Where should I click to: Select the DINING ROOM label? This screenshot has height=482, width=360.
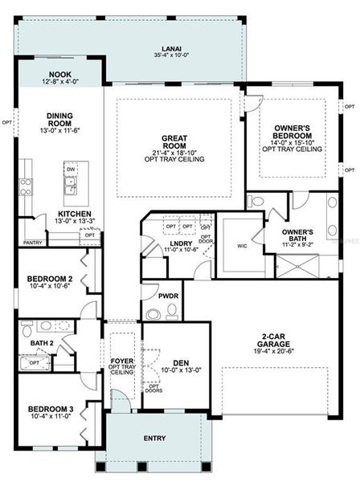click(59, 120)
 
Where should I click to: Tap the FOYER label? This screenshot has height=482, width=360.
click(122, 361)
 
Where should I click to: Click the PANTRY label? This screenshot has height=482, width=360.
click(33, 242)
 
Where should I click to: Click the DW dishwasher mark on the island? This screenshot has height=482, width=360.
click(72, 170)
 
